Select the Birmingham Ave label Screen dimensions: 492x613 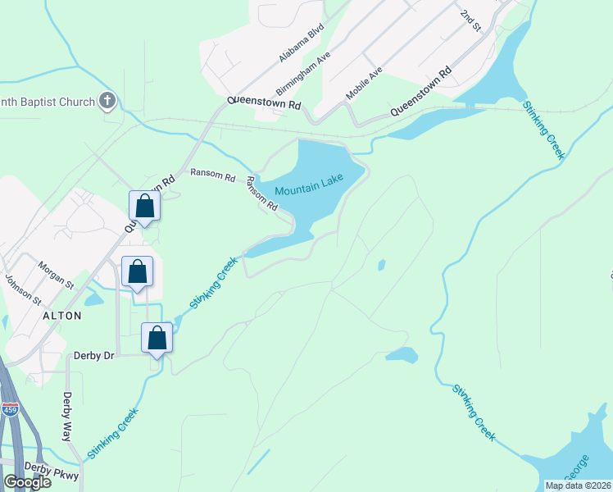tap(302, 73)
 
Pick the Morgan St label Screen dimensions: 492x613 tap(56, 275)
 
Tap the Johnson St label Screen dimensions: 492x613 tap(22, 289)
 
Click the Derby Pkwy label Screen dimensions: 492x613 tap(51, 470)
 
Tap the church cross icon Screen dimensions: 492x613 tap(106, 102)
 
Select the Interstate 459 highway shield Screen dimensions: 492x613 tap(10, 409)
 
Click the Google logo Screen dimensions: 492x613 tap(28, 481)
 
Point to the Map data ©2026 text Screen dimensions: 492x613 tap(577, 485)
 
